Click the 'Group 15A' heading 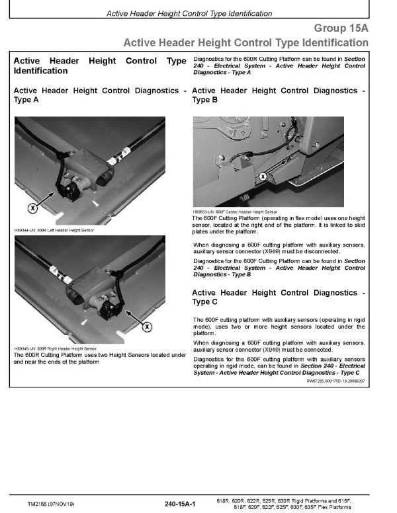pyautogui.click(x=341, y=28)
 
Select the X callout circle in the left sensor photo pyautogui.click(x=32, y=208)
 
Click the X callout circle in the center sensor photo pyautogui.click(x=263, y=177)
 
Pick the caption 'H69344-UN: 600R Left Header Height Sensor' pyautogui.click(x=54, y=230)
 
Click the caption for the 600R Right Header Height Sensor pyautogui.click(x=55, y=348)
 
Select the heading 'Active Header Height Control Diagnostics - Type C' pyautogui.click(x=278, y=297)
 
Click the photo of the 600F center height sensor pyautogui.click(x=278, y=162)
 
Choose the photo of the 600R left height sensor pyautogui.click(x=89, y=172)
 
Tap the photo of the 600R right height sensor pyautogui.click(x=89, y=291)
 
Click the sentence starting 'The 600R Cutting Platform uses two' pyautogui.click(x=100, y=358)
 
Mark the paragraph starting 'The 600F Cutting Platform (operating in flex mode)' pyautogui.click(x=278, y=225)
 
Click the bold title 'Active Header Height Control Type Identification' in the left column pyautogui.click(x=100, y=65)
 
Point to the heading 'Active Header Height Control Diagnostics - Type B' pyautogui.click(x=278, y=95)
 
